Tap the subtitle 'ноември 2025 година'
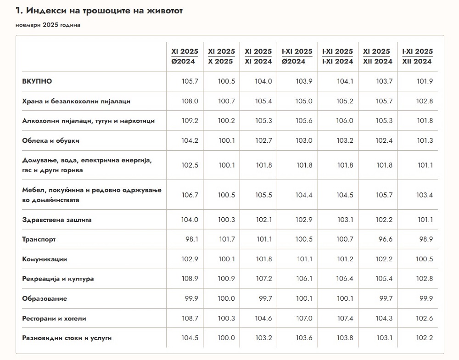(x=48, y=25)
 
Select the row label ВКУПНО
(x=37, y=81)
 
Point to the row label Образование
(x=45, y=298)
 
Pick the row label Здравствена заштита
(x=57, y=219)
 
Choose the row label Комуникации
(x=45, y=259)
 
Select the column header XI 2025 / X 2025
(x=221, y=56)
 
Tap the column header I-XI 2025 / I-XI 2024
(x=338, y=56)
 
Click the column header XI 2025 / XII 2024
(x=378, y=56)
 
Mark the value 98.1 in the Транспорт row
(x=190, y=239)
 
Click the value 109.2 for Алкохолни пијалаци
(x=190, y=121)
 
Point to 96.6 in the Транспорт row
(x=384, y=239)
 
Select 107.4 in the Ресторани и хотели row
(x=345, y=318)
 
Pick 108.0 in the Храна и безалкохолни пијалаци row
(x=190, y=101)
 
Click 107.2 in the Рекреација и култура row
(x=263, y=279)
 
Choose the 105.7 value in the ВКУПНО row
(x=190, y=81)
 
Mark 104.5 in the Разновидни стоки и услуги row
(x=190, y=338)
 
